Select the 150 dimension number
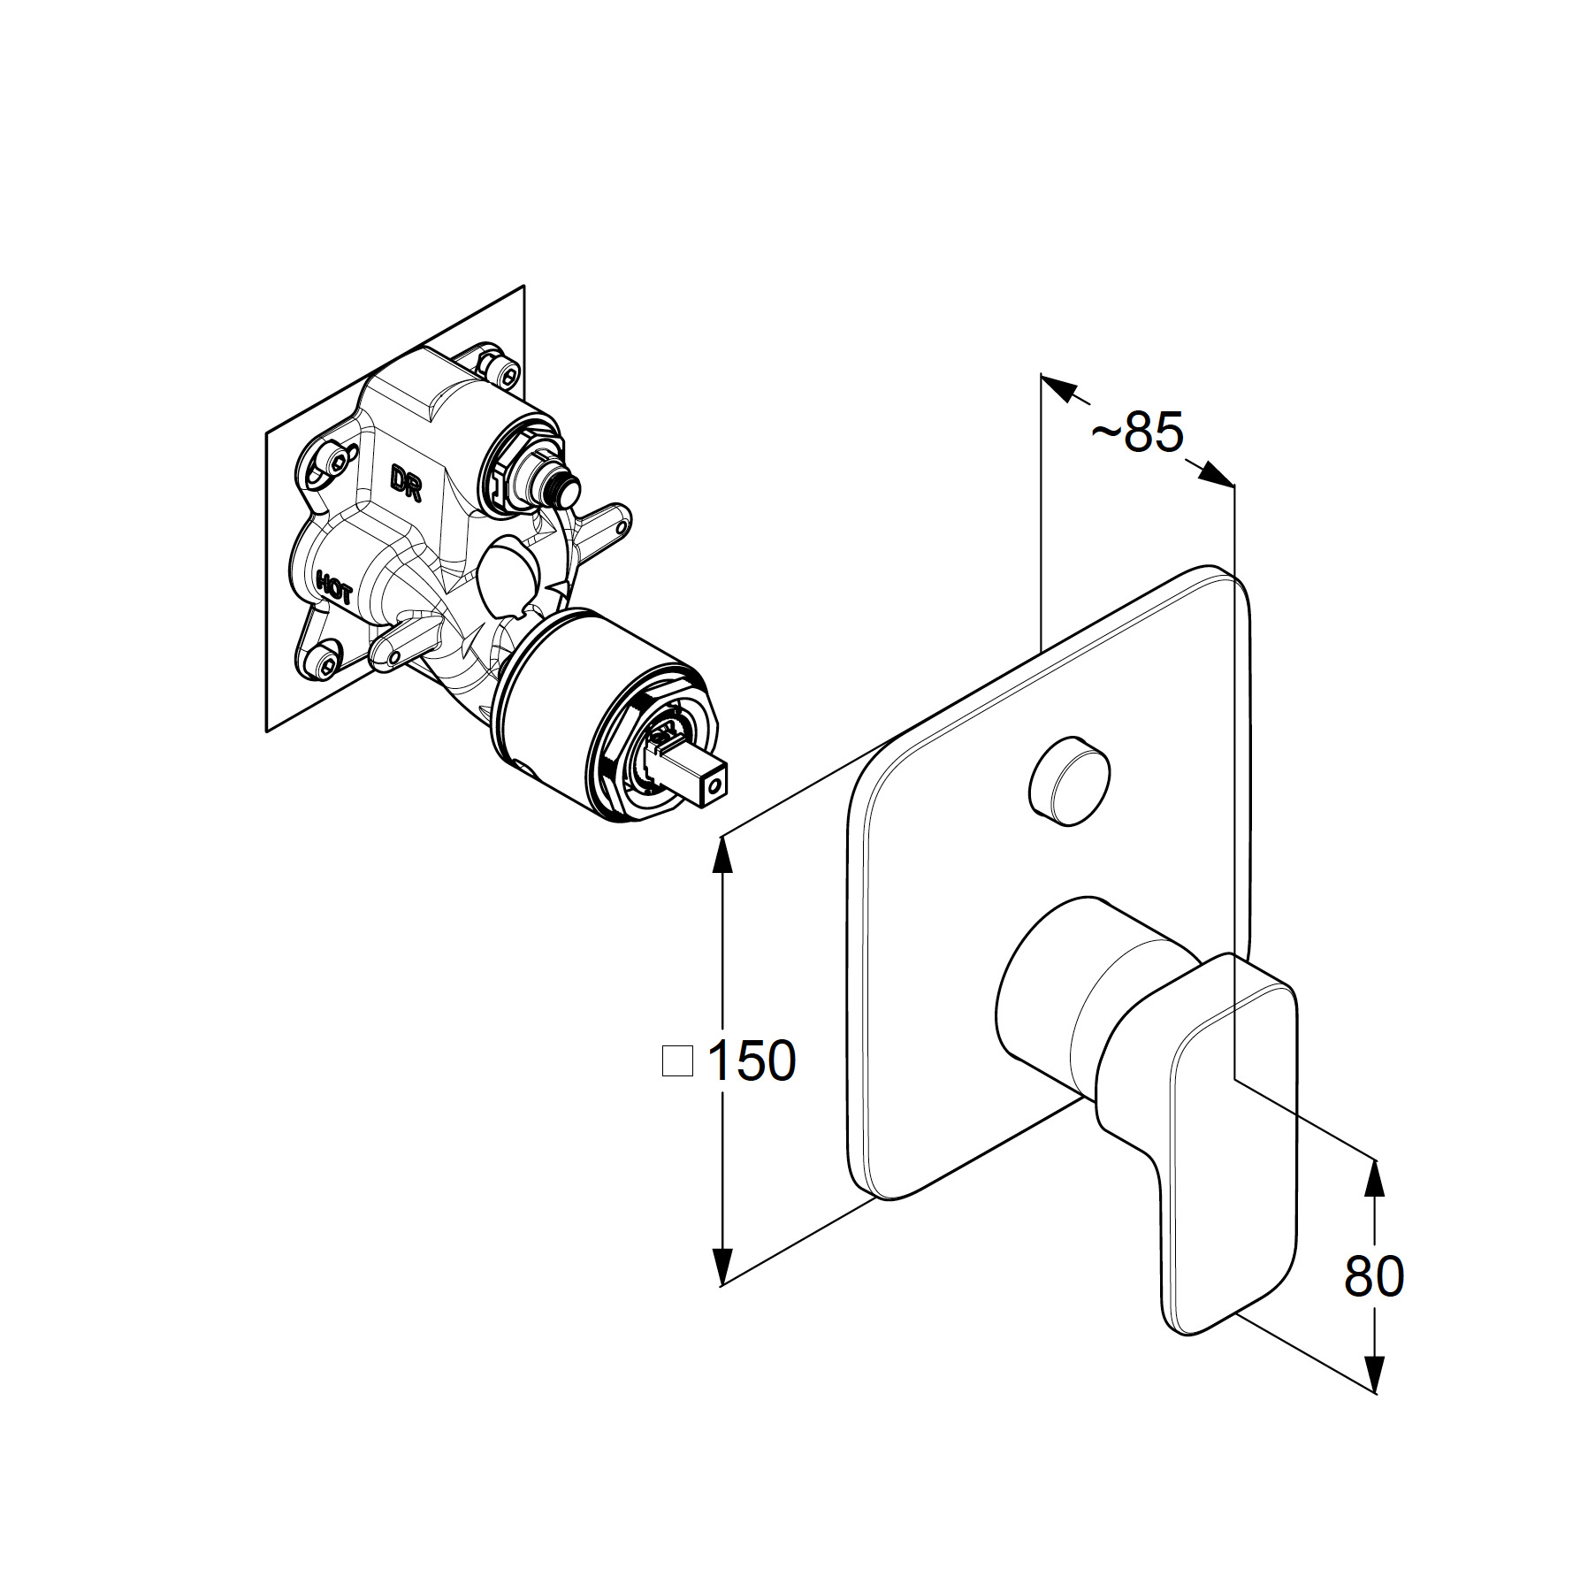752,1060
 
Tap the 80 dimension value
1373,1276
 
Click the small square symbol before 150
677,1060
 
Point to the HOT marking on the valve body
334,586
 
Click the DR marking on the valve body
408,482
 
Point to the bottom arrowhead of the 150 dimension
723,1264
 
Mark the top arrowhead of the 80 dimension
1373,1179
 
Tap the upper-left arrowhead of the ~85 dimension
1059,387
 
